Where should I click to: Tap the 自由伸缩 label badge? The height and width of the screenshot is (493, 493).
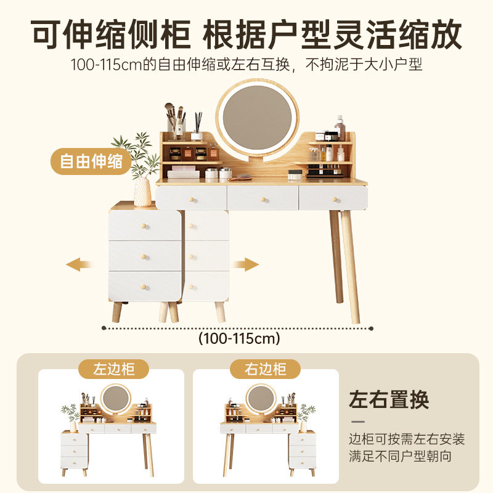(91, 162)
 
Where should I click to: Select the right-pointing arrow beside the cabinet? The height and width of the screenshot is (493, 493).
(245, 264)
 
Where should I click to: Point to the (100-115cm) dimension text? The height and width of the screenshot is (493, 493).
(239, 338)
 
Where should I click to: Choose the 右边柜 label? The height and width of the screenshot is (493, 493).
(266, 369)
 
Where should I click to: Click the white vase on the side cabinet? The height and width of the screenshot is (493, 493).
(142, 192)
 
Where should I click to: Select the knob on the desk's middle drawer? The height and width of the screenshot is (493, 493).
(263, 198)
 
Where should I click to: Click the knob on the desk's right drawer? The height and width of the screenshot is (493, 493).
(335, 198)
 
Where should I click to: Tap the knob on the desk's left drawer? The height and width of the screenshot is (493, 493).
(192, 198)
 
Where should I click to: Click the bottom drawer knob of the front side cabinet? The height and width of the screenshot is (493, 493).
(145, 285)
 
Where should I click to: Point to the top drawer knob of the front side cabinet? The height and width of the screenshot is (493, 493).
(145, 224)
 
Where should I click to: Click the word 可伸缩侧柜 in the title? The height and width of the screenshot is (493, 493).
(111, 35)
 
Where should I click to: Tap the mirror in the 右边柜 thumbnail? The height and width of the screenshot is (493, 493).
(259, 397)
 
